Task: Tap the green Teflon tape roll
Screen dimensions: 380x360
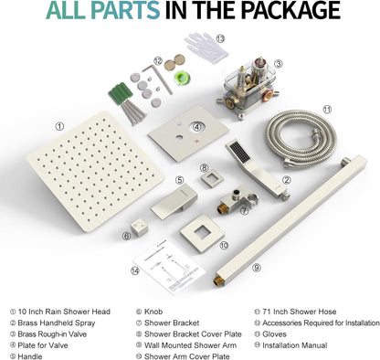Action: (183, 78)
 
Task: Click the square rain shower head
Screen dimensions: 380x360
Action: (95, 171)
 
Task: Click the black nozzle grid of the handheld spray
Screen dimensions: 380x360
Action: (239, 152)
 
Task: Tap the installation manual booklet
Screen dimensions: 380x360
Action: (170, 267)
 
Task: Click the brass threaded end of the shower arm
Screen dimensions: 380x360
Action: (218, 281)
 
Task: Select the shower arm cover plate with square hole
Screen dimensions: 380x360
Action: (202, 233)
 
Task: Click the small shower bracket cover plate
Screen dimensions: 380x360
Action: (212, 179)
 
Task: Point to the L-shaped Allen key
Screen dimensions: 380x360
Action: (158, 78)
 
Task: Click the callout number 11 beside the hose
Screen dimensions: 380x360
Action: (327, 110)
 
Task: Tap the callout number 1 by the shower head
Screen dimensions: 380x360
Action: (59, 126)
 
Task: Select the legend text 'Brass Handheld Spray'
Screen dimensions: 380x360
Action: (57, 323)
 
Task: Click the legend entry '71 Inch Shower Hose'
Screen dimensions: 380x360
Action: (300, 312)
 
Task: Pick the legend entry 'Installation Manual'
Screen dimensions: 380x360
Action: (295, 345)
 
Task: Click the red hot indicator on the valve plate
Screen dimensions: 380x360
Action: (197, 142)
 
